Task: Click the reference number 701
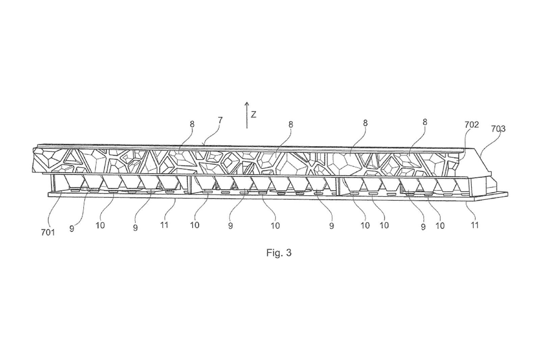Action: pyautogui.click(x=48, y=233)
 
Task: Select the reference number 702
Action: pyautogui.click(x=471, y=125)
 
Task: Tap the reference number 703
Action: pyautogui.click(x=498, y=129)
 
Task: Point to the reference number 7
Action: pyautogui.click(x=220, y=120)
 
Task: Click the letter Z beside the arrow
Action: pyautogui.click(x=253, y=114)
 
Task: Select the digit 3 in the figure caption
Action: pyautogui.click(x=289, y=253)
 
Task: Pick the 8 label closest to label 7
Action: pyautogui.click(x=192, y=124)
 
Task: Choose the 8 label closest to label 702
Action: pyautogui.click(x=425, y=122)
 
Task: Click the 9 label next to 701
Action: pyautogui.click(x=72, y=228)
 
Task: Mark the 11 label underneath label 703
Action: pyautogui.click(x=475, y=225)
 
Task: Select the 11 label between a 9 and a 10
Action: pyautogui.click(x=164, y=225)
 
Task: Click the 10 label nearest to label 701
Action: pyautogui.click(x=100, y=225)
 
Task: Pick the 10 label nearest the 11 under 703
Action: pyautogui.click(x=440, y=225)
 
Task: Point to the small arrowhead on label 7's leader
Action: pyautogui.click(x=205, y=144)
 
